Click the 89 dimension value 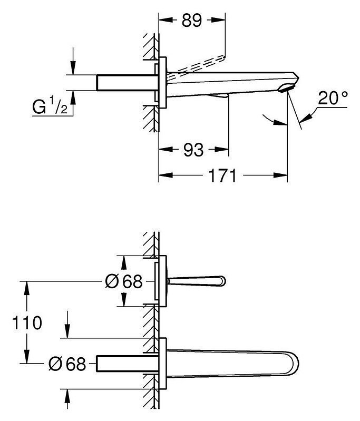coord(191,20)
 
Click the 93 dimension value coord(193,150)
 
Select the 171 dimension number coord(223,175)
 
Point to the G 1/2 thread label coord(50,107)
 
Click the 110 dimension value coord(27,322)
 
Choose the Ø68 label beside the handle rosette coord(123,281)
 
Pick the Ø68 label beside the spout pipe coord(67,364)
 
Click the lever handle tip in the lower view coord(223,281)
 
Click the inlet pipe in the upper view coord(127,82)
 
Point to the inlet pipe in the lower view coord(128,364)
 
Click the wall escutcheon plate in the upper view coord(163,82)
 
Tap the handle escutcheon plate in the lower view coord(163,281)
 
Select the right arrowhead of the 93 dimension coord(222,149)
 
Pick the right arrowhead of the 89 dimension coord(218,19)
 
